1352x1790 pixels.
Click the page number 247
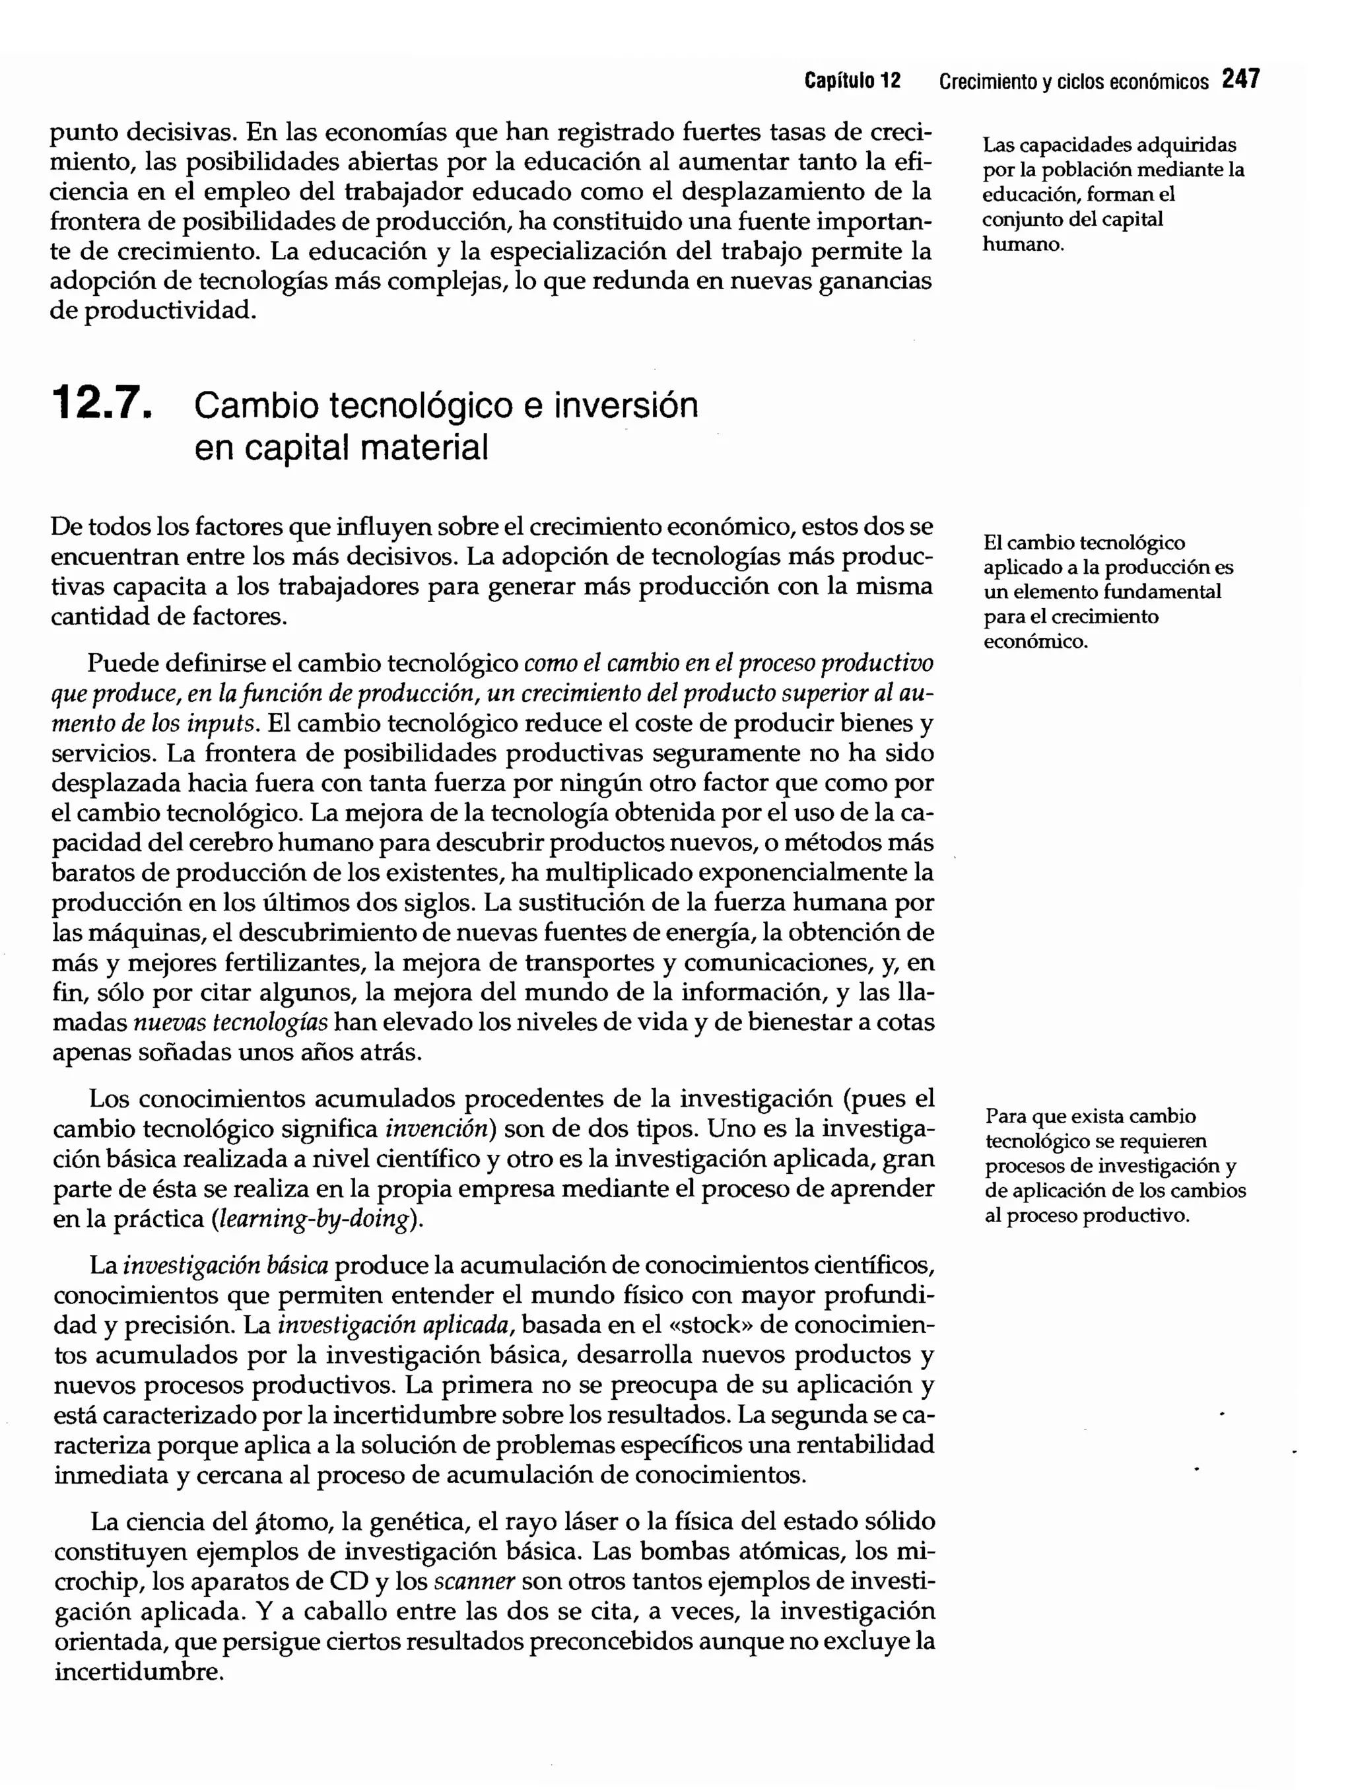point(1240,79)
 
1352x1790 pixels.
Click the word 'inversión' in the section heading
point(625,405)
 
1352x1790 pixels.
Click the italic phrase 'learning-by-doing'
point(312,1220)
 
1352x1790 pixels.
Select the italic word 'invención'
point(437,1128)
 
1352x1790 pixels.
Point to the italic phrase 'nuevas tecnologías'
point(230,1023)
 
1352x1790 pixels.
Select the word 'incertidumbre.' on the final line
point(139,1671)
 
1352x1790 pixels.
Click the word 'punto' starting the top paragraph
point(83,132)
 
